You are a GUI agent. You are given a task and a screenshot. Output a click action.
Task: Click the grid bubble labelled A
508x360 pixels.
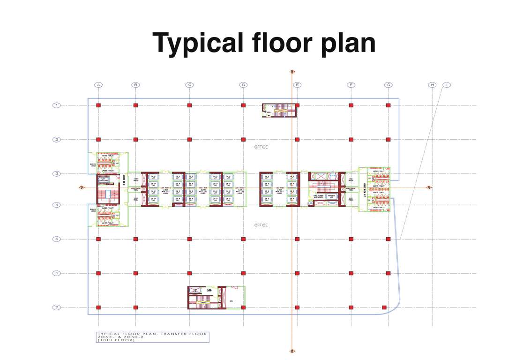tap(98, 85)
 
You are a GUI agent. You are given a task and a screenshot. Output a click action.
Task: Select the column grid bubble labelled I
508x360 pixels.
tap(447, 85)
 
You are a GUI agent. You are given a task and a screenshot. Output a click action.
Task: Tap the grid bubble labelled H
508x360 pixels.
tap(432, 85)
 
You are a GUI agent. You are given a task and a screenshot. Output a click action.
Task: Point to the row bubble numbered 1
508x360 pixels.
tap(56, 105)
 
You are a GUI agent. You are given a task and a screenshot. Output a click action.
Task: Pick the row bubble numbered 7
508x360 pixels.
tap(56, 307)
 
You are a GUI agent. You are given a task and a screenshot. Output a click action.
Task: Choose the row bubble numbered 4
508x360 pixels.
tap(56, 205)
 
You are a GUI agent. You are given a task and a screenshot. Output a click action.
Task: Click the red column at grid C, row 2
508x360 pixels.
tap(189, 139)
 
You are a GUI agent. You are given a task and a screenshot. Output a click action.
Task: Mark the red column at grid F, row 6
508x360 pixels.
tap(351, 273)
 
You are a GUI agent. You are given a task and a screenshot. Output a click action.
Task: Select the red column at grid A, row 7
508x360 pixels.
tap(98, 307)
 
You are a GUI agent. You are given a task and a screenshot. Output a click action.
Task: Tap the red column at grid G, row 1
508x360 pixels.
tap(388, 105)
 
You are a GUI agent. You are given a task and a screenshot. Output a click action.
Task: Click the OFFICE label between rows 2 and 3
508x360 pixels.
tap(261, 147)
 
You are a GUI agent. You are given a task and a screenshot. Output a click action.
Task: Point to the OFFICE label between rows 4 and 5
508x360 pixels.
tap(261, 225)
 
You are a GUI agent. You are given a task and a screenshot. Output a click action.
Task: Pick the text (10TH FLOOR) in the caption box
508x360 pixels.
tap(116, 340)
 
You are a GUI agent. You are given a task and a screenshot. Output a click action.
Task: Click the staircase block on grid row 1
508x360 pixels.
tap(279, 111)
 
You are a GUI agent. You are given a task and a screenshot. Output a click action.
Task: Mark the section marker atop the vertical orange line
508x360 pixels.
tap(292, 72)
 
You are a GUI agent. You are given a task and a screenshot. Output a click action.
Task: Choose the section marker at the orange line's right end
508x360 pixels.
tap(429, 187)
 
